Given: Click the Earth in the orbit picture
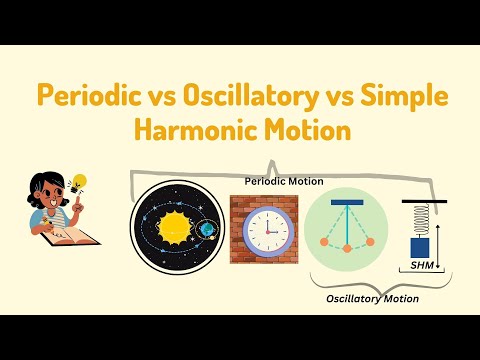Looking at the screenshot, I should point(206,229).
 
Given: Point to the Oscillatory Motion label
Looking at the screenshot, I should point(372,298).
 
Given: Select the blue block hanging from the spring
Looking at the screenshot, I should point(421,245).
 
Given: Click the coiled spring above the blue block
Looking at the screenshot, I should point(421,218).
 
